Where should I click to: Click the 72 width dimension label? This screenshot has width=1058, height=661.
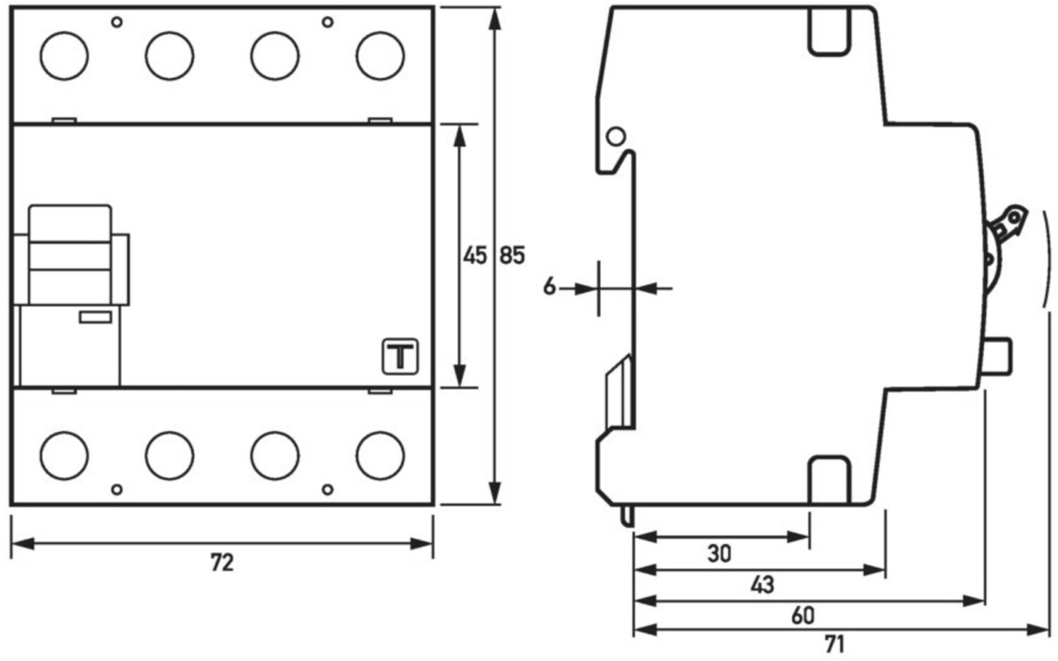[x=222, y=563]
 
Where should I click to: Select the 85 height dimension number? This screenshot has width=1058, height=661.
[x=512, y=255]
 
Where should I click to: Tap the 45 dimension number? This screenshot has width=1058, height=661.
[x=475, y=255]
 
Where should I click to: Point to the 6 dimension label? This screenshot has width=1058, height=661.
[x=549, y=286]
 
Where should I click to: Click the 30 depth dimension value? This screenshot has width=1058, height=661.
[x=719, y=553]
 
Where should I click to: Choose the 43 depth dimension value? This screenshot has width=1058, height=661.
[x=762, y=585]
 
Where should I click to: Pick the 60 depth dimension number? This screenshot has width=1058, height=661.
[x=803, y=616]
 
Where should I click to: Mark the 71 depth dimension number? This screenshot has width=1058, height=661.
[x=834, y=644]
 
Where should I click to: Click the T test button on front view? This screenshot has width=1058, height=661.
[x=400, y=356]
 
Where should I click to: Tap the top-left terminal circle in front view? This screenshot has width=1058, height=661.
[x=64, y=56]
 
